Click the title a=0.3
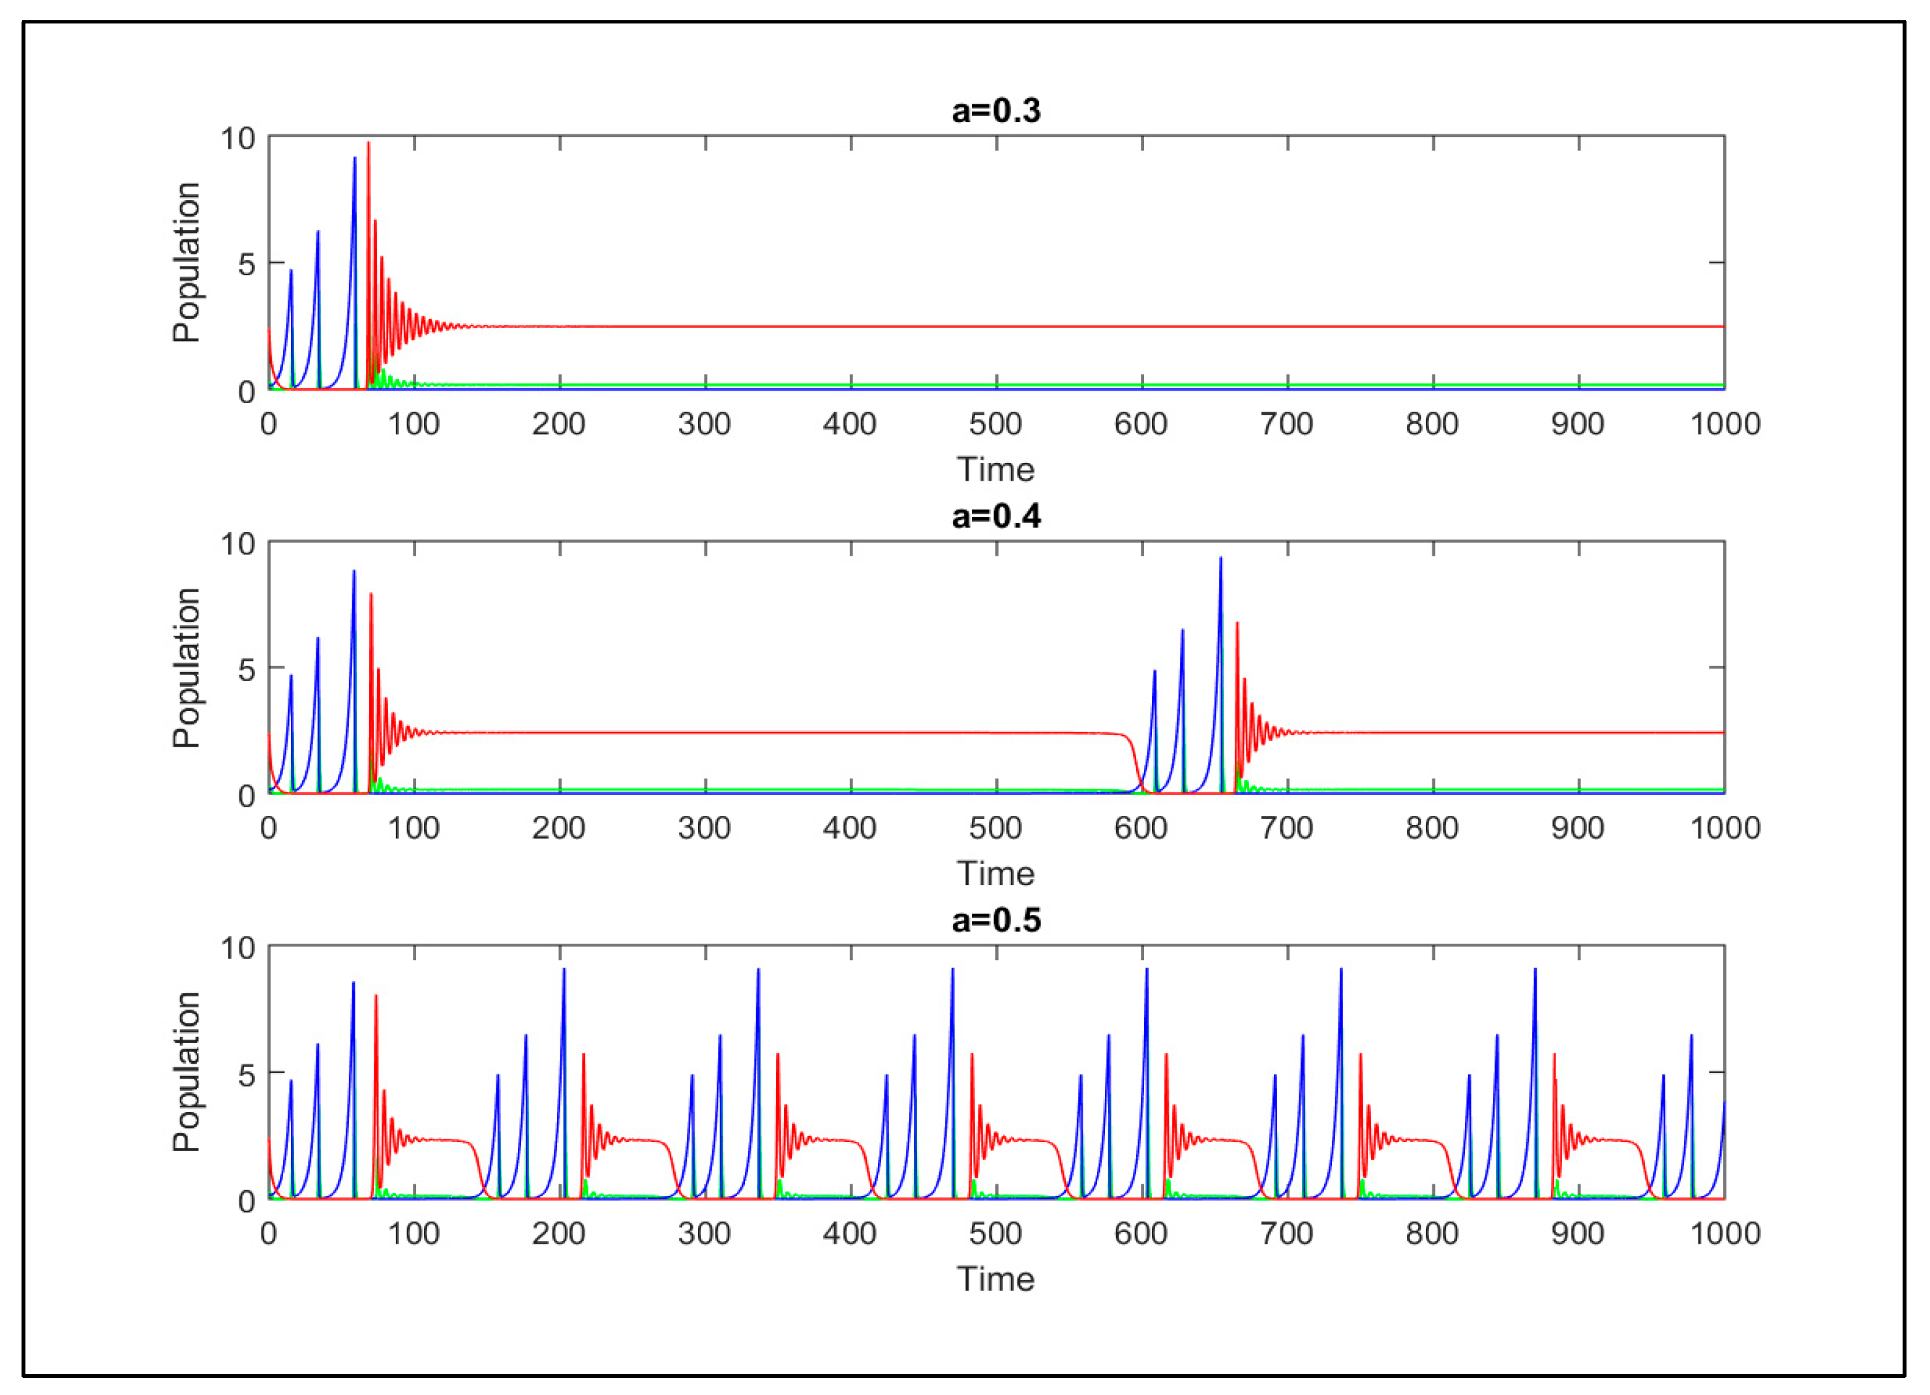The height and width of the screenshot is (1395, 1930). coord(995,112)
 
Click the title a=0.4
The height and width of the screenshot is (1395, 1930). coord(995,517)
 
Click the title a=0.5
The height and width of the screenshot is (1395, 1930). coord(995,921)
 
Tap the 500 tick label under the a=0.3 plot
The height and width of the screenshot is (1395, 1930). coord(995,424)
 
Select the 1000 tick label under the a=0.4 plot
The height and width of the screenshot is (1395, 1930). coord(1724,828)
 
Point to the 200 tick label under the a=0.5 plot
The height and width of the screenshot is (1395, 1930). coord(558,1233)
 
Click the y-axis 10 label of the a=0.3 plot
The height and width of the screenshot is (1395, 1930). coord(237,138)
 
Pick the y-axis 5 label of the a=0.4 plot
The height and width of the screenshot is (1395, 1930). coord(246,670)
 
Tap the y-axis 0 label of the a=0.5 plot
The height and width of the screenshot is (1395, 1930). coord(246,1201)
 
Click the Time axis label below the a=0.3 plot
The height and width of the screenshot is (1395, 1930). coord(995,470)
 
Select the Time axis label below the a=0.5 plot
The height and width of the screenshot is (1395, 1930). coord(995,1280)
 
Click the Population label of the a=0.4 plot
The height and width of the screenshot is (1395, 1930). coord(187,668)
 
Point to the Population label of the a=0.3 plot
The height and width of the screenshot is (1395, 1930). coord(187,263)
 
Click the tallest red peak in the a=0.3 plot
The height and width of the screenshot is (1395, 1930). coord(369,144)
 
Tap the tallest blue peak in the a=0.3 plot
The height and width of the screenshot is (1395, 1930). coord(355,158)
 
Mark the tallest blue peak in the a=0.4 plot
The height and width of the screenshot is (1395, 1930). coord(1220,559)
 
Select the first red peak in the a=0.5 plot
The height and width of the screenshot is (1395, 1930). coord(375,997)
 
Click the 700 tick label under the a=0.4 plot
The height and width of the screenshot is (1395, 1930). coord(1287,828)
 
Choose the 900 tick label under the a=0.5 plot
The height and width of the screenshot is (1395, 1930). coord(1578,1233)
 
